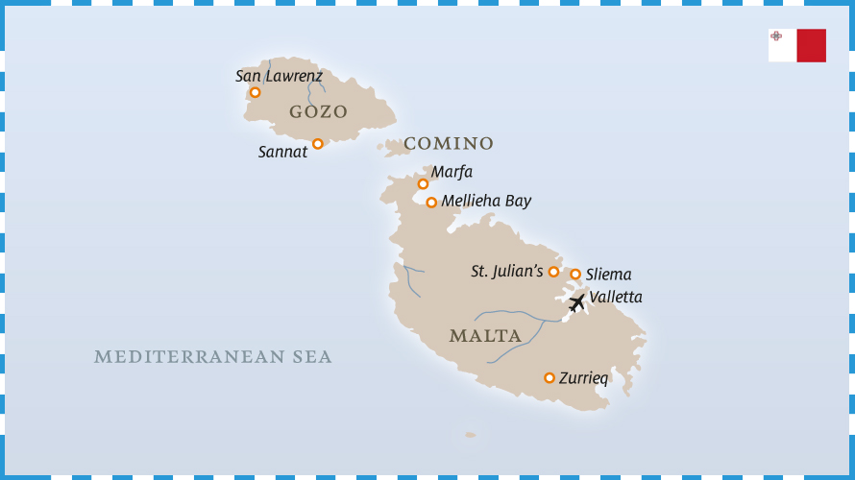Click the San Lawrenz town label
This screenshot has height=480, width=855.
(279, 76)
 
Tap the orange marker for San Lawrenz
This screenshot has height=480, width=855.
(255, 92)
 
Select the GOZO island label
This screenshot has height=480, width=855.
(318, 112)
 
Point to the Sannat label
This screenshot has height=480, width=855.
(282, 152)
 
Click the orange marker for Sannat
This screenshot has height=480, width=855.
(318, 144)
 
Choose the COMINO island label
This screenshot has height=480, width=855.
(448, 144)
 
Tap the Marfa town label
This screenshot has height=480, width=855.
(452, 172)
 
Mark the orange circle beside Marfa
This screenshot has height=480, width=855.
(423, 183)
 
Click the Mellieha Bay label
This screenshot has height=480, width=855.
(486, 202)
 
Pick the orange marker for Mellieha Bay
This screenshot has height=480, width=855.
(431, 203)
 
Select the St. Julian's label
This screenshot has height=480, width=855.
(507, 272)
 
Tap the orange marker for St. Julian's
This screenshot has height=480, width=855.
(553, 272)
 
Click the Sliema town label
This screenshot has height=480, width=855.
(608, 275)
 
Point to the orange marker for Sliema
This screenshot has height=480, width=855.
(575, 275)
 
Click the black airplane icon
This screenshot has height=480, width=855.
(576, 303)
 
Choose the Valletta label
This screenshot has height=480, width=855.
(616, 298)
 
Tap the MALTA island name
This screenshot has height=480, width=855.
(485, 336)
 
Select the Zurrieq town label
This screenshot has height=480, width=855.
(584, 378)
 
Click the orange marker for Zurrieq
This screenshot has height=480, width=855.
(550, 378)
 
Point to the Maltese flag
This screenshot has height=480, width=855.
(797, 45)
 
